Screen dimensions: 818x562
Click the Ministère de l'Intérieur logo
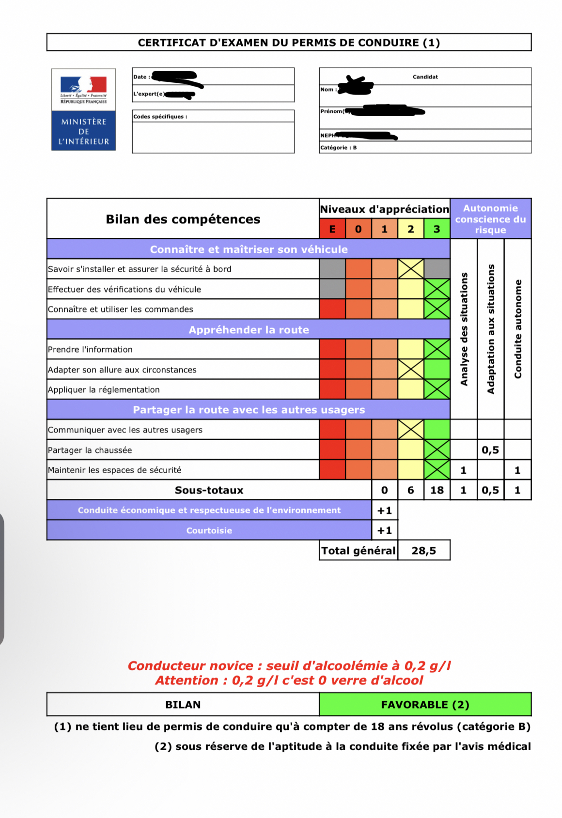pyautogui.click(x=83, y=109)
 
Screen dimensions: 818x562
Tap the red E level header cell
pyautogui.click(x=332, y=229)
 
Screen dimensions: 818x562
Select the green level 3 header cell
pyautogui.click(x=437, y=229)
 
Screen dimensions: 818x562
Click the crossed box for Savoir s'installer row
pyautogui.click(x=410, y=269)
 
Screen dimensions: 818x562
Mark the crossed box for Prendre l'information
pyautogui.click(x=437, y=349)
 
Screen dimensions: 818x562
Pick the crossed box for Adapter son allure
pyautogui.click(x=410, y=370)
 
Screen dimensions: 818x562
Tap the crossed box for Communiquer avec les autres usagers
pyautogui.click(x=410, y=430)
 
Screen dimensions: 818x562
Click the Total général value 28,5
pyautogui.click(x=424, y=551)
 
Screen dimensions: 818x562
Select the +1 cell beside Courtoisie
pyautogui.click(x=385, y=530)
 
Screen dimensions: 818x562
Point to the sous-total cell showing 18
pyautogui.click(x=437, y=490)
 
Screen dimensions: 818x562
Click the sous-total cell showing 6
pyautogui.click(x=410, y=490)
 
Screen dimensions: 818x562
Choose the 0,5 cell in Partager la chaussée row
pyautogui.click(x=490, y=450)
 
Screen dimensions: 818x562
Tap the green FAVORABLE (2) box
pyautogui.click(x=425, y=705)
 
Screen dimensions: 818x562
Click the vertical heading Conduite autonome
pyautogui.click(x=518, y=329)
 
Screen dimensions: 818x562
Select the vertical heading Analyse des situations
pyautogui.click(x=464, y=329)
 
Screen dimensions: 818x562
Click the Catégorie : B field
pyautogui.click(x=339, y=148)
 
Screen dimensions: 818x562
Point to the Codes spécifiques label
pyautogui.click(x=160, y=117)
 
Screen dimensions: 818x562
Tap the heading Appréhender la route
pyautogui.click(x=249, y=330)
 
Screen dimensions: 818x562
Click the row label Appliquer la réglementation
pyautogui.click(x=104, y=390)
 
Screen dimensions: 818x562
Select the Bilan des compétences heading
pyautogui.click(x=183, y=219)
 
